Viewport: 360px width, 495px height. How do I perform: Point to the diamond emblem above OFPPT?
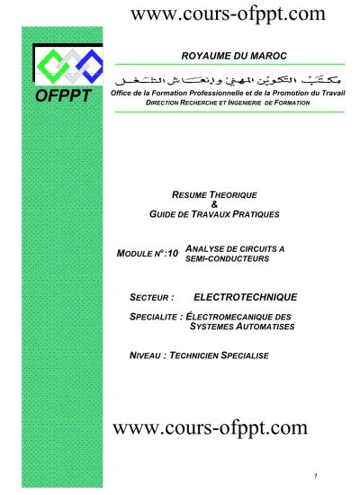[62, 65]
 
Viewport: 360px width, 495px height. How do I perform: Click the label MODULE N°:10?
[148, 255]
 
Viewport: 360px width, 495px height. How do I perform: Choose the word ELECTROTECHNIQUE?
[246, 295]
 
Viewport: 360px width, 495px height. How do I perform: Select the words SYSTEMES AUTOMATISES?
[238, 327]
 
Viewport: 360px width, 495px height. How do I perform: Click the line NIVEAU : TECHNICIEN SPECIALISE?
[200, 355]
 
